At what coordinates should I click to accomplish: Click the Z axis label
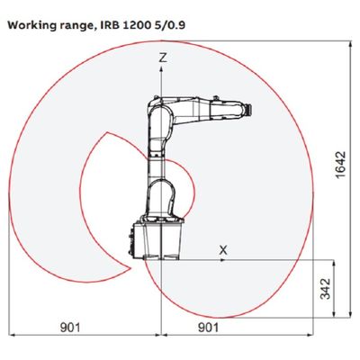click(163, 57)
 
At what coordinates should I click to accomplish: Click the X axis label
click(223, 249)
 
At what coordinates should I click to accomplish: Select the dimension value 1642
click(341, 165)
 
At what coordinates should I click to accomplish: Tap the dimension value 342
click(325, 289)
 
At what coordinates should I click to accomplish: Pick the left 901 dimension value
click(70, 328)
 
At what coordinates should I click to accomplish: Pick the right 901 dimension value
click(209, 328)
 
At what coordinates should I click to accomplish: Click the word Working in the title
click(31, 25)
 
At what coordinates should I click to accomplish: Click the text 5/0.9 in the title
click(170, 25)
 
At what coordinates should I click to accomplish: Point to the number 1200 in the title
click(137, 25)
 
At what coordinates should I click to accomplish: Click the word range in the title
click(75, 26)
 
